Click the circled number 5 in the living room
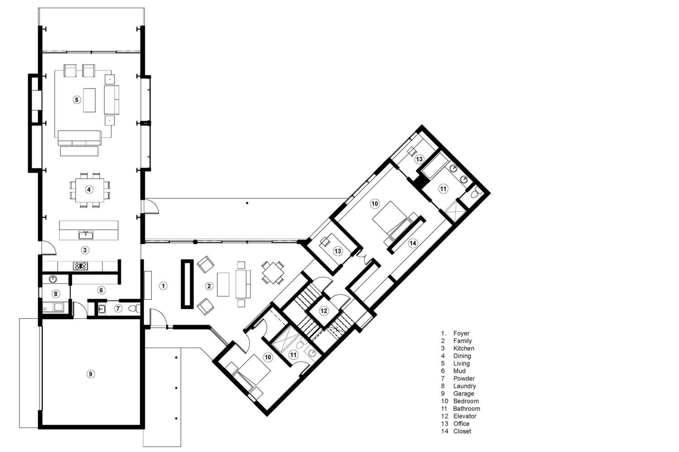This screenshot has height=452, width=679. [77, 99]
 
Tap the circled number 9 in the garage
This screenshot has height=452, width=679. [91, 373]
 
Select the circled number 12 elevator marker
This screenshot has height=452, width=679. [324, 311]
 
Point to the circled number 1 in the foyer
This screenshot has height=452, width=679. [163, 286]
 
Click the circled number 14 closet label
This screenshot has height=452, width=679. [412, 243]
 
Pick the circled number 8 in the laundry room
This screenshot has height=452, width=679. [56, 294]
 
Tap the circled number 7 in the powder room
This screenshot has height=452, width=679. [118, 309]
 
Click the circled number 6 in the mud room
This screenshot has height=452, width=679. [101, 290]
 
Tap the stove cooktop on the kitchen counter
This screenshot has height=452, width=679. [81, 266]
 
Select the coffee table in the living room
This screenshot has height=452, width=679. [89, 100]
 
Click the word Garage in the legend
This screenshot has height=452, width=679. [464, 394]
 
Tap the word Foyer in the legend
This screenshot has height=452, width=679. [461, 334]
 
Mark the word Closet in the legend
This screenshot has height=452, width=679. [462, 431]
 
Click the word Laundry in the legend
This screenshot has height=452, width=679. [464, 386]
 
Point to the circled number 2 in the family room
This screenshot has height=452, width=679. [209, 286]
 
